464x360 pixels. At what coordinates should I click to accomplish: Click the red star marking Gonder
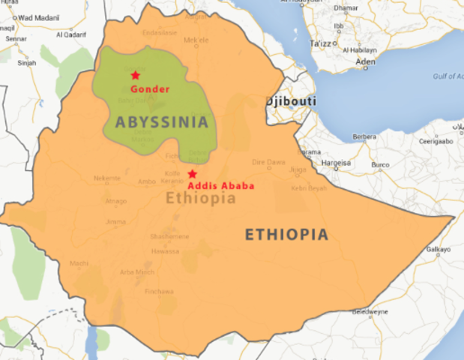click(x=136, y=75)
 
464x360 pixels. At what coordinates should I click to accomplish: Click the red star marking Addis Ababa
click(x=192, y=173)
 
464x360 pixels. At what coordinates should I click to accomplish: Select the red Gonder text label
click(x=149, y=89)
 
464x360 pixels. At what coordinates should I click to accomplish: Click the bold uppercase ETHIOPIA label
click(x=286, y=235)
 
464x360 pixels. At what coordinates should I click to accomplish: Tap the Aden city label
click(x=366, y=61)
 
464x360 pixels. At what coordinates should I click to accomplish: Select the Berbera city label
click(x=365, y=137)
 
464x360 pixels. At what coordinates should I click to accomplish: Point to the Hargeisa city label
click(x=335, y=162)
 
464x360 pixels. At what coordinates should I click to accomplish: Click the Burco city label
click(x=381, y=164)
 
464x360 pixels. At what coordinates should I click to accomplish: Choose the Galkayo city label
click(x=439, y=249)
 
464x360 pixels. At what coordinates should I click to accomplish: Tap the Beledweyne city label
click(x=370, y=310)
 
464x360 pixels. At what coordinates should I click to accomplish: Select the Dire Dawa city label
click(x=268, y=161)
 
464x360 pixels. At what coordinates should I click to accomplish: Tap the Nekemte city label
click(x=106, y=178)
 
